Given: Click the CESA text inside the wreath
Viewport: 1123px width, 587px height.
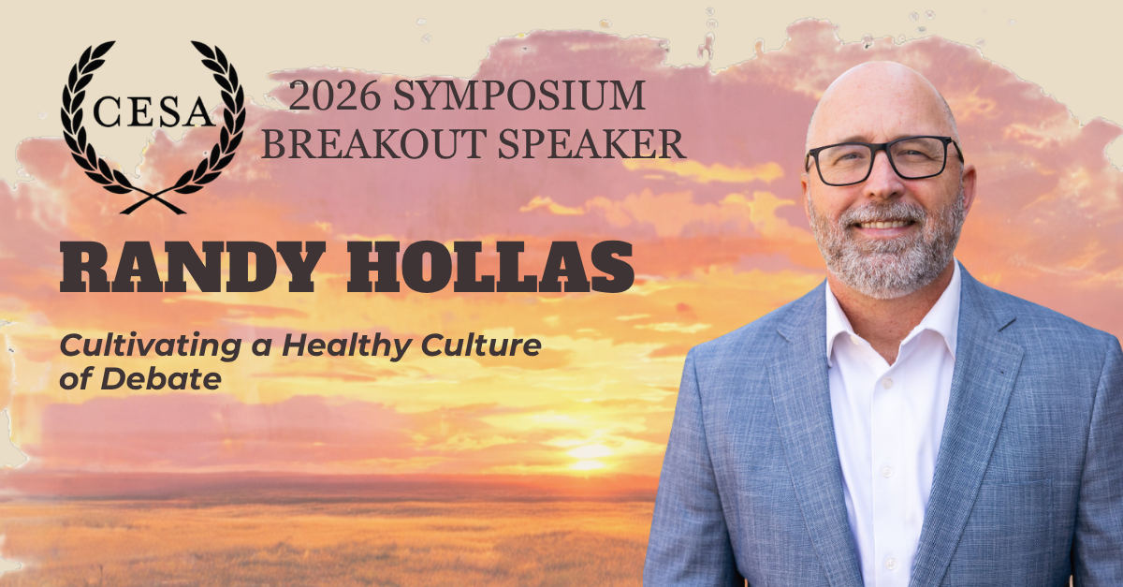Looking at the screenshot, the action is (x=153, y=112).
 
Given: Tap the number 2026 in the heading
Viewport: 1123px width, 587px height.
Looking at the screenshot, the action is (x=334, y=95).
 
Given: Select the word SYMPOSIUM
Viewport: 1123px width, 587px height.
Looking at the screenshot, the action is (x=518, y=95).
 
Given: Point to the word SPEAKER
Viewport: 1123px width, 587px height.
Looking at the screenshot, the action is (x=591, y=144).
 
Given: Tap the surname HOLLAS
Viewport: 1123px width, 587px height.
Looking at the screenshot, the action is (x=490, y=267).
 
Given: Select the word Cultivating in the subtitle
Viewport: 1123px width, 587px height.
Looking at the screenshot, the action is (x=151, y=347).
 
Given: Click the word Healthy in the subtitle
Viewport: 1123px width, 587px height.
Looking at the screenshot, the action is (x=347, y=347).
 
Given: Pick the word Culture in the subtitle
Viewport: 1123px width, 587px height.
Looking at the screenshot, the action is (x=481, y=345).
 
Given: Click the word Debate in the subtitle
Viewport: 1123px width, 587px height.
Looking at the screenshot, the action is (x=161, y=379).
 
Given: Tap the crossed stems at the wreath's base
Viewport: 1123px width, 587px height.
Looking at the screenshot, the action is (x=153, y=202).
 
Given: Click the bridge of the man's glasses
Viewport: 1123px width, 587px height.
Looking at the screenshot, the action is (x=885, y=150).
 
